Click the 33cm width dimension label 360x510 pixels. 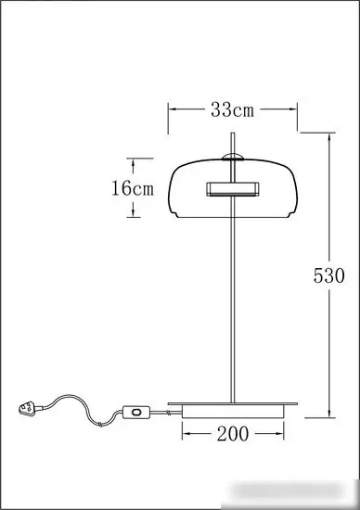coord(232,110)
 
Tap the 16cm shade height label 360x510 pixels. coord(133,188)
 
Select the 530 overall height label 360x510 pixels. coord(328,275)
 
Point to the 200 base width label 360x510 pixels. coord(233,434)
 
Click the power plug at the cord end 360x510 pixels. coord(27,408)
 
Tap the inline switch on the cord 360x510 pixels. coord(135,412)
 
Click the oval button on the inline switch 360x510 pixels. coord(136,412)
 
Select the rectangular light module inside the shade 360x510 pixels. coord(233,189)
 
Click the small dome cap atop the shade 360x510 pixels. coord(232,157)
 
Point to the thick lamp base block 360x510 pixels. coord(233,412)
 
